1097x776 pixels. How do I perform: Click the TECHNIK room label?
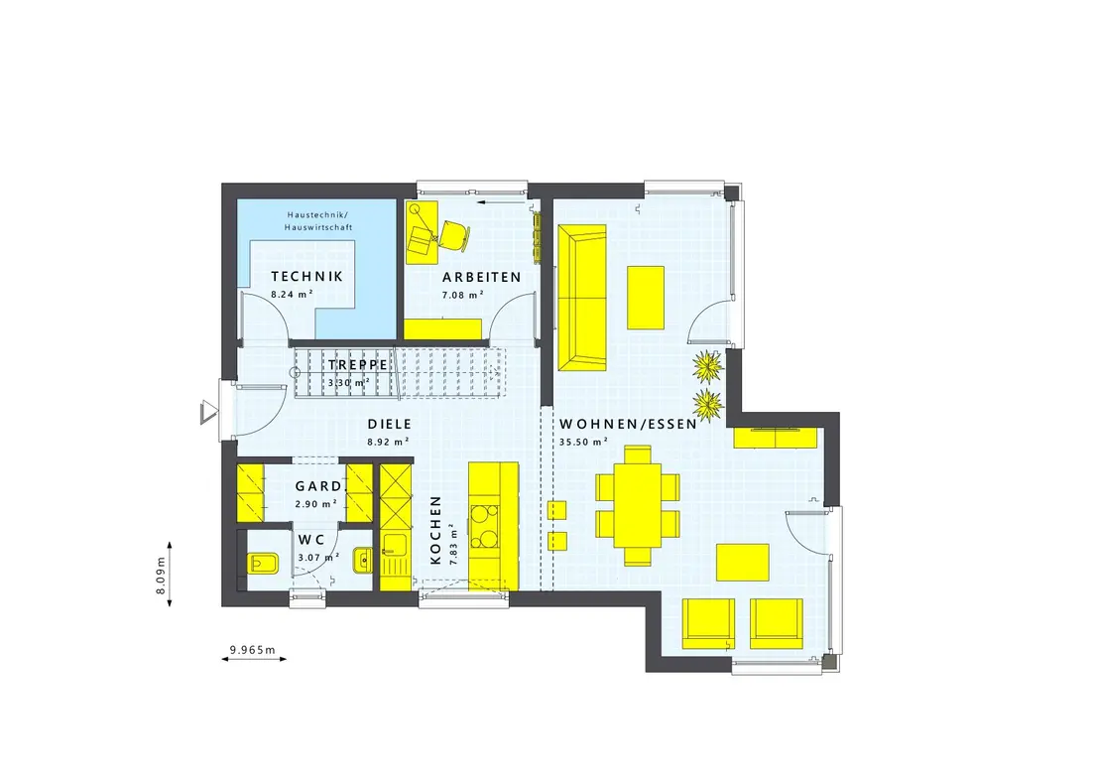click(x=307, y=277)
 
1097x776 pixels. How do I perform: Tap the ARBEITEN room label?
click(x=481, y=277)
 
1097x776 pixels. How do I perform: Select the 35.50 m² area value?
click(x=583, y=442)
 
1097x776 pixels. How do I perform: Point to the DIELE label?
click(x=389, y=424)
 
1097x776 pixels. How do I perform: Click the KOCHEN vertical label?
click(x=435, y=530)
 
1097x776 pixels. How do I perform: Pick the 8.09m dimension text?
click(x=161, y=576)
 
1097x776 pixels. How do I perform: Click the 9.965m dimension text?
click(x=253, y=650)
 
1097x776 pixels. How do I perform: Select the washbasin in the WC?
click(x=363, y=560)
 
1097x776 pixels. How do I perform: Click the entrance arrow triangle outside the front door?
click(x=207, y=412)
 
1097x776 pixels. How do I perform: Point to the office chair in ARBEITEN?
click(x=454, y=234)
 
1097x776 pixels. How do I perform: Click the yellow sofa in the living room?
click(x=581, y=297)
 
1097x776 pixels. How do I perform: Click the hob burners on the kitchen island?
click(x=484, y=526)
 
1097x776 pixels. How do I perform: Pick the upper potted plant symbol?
click(x=708, y=366)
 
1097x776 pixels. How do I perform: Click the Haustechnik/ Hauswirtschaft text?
click(x=318, y=221)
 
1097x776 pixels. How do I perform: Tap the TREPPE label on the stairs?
click(x=357, y=365)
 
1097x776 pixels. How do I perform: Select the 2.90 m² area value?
click(x=316, y=503)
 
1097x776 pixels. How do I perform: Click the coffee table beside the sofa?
click(x=645, y=298)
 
